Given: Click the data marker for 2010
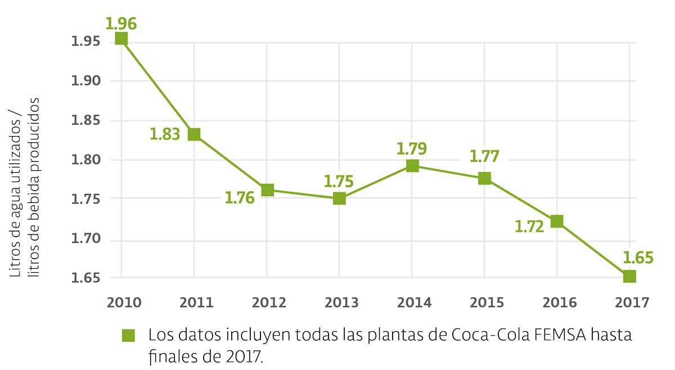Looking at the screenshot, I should [121, 38].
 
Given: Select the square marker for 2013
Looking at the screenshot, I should [339, 198].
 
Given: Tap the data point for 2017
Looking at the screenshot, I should [629, 276].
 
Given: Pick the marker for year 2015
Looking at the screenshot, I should [484, 178].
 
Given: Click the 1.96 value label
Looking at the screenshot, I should [121, 24].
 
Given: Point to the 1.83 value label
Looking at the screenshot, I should [165, 134].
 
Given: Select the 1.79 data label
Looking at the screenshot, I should [412, 149].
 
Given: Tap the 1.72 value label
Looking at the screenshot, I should [530, 227].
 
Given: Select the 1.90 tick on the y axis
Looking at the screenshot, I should [84, 81].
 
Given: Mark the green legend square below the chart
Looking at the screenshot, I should [129, 335].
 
